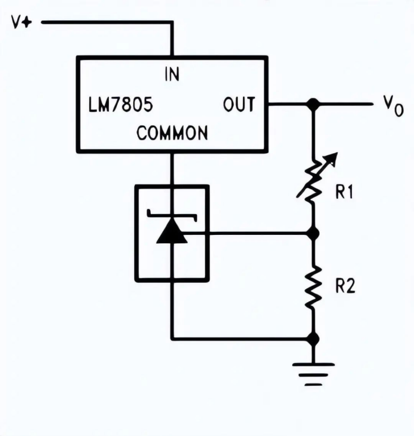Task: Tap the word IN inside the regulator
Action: (x=172, y=75)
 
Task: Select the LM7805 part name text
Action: (x=121, y=105)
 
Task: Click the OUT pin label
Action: (x=239, y=105)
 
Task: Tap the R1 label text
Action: (x=344, y=193)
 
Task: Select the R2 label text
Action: (x=344, y=287)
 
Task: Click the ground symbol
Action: (x=313, y=373)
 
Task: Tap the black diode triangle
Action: (x=172, y=232)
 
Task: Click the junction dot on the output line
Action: (x=313, y=104)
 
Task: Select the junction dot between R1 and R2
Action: (x=313, y=234)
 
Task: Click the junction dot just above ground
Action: (x=313, y=339)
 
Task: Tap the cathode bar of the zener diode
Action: (x=172, y=214)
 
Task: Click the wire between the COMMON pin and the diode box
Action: (x=172, y=169)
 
